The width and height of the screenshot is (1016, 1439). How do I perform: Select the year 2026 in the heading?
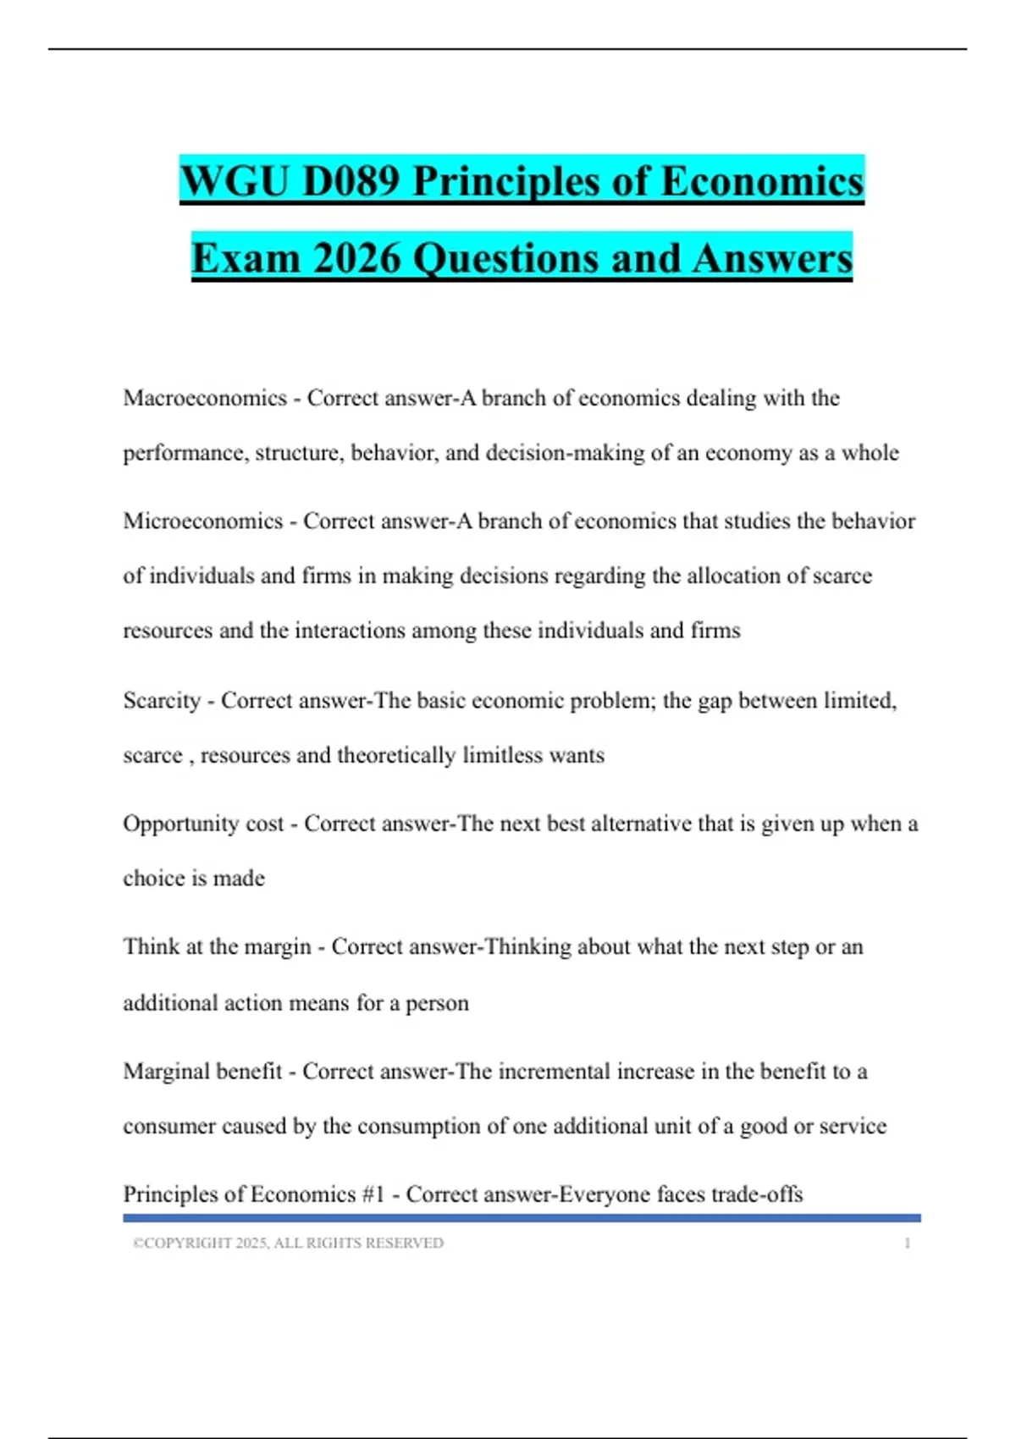(x=356, y=258)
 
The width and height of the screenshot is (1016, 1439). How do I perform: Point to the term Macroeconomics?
(x=205, y=398)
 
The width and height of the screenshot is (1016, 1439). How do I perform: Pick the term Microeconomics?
(x=203, y=521)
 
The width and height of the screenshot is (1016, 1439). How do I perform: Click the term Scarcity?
(x=162, y=701)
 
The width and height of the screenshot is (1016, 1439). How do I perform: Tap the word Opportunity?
(x=180, y=824)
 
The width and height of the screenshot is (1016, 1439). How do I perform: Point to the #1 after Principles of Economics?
(x=373, y=1194)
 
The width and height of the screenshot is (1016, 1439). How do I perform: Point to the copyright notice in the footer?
(x=288, y=1243)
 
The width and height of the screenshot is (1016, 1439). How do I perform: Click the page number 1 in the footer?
(x=907, y=1243)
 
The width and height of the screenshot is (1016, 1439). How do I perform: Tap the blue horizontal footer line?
(x=522, y=1218)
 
